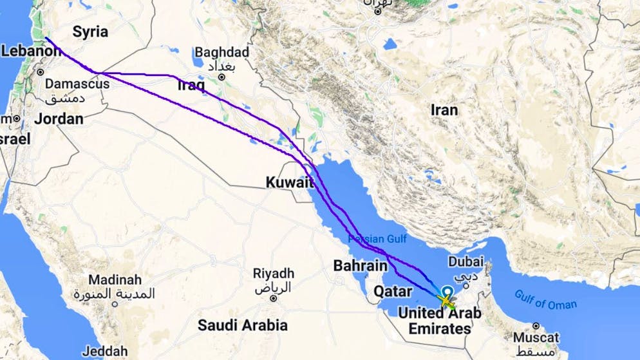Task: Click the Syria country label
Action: [90, 32]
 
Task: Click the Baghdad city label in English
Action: [221, 52]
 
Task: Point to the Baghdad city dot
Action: [221, 77]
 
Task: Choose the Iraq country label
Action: [191, 85]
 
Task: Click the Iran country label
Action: [444, 110]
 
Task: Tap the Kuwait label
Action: [290, 183]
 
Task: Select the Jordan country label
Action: [59, 118]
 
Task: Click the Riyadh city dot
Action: [273, 298]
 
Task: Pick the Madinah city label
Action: [115, 280]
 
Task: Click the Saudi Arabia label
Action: [242, 325]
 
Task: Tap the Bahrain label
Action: [360, 265]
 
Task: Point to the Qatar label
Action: [393, 292]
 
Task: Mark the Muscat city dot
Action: [536, 326]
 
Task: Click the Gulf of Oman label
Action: [545, 299]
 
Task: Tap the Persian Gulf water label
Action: [377, 239]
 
